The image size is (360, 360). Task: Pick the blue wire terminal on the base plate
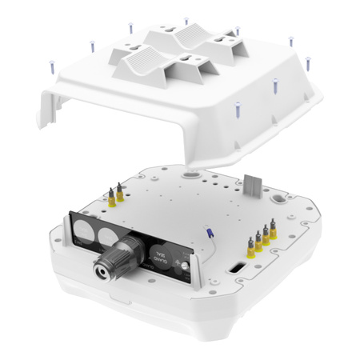(210, 232)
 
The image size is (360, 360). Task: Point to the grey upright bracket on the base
(253, 182)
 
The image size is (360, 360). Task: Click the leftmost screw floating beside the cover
(52, 66)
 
